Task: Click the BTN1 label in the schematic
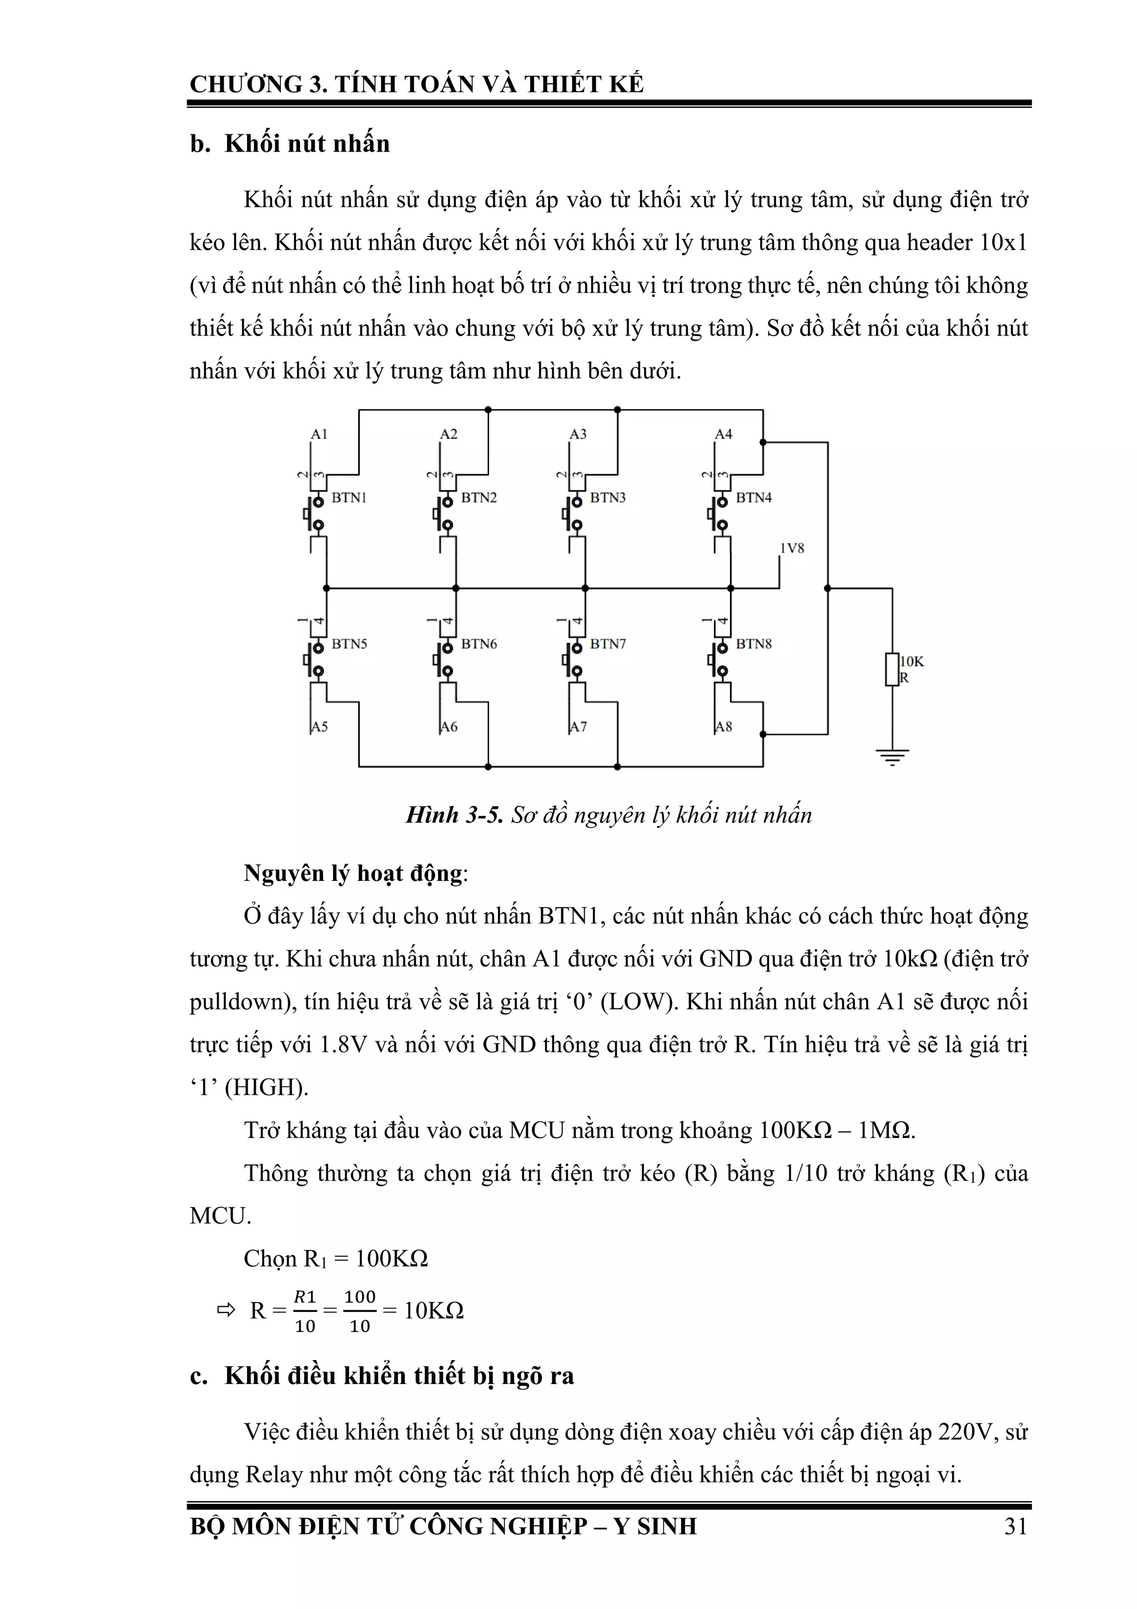click(349, 498)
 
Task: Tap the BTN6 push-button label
click(479, 643)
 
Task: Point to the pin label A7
click(578, 726)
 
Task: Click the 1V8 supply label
click(792, 548)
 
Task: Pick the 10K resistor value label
click(912, 661)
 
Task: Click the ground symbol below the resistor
click(892, 756)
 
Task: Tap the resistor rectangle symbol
click(892, 669)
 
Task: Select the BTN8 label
click(753, 643)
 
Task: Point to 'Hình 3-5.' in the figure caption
click(454, 815)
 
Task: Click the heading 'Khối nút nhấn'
click(307, 144)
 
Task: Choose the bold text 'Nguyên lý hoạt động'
click(353, 873)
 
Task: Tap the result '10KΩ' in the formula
click(434, 1310)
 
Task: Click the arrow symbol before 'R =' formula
click(227, 1310)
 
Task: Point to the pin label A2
click(449, 434)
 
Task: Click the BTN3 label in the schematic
click(607, 498)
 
